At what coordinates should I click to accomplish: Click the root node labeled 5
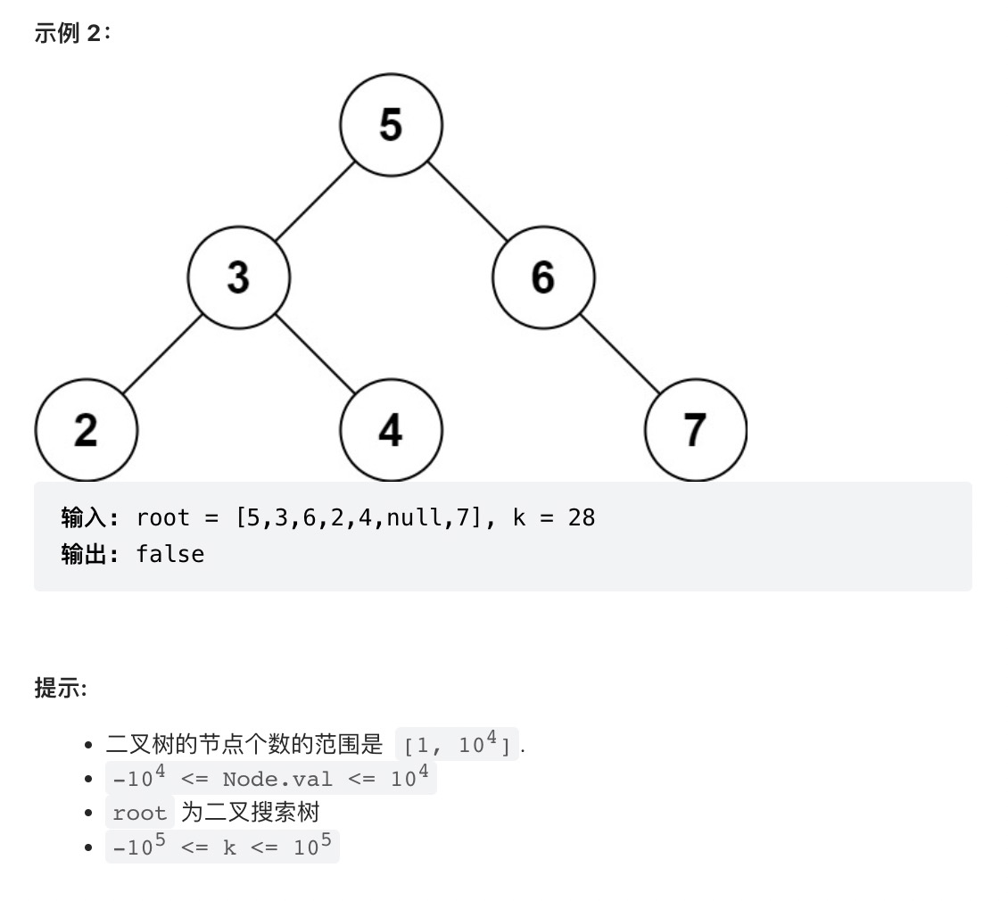(391, 124)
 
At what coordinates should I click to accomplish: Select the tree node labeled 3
(238, 277)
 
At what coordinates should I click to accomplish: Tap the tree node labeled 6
(543, 277)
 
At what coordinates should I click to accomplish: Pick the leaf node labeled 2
(86, 430)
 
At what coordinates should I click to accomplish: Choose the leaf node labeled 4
(391, 430)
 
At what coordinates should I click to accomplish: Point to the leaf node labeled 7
(695, 430)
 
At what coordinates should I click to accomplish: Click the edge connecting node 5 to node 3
(315, 201)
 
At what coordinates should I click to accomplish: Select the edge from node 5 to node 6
(467, 201)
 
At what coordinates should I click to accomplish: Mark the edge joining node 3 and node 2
(162, 353)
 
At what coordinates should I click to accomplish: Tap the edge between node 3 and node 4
(315, 353)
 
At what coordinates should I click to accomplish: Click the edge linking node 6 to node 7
(620, 353)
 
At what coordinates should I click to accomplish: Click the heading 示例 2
(72, 33)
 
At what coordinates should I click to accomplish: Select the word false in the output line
(169, 554)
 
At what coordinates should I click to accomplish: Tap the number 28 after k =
(581, 517)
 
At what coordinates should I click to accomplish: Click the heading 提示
(59, 688)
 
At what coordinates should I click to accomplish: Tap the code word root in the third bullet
(140, 813)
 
